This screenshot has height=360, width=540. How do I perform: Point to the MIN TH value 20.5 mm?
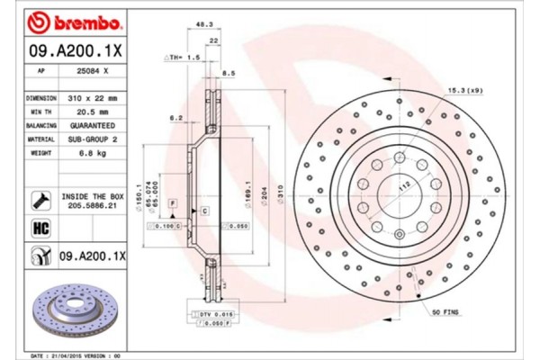[94, 111]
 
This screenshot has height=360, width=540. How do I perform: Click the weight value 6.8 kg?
[94, 154]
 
